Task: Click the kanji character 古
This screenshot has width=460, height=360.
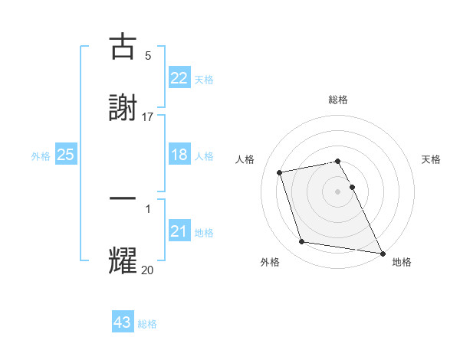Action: [x=123, y=47]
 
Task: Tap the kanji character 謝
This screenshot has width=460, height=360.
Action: [x=123, y=108]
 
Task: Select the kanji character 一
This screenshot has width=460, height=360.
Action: [x=123, y=198]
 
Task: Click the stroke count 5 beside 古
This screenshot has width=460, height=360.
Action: [x=148, y=55]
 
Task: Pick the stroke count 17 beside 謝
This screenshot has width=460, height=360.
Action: [x=148, y=116]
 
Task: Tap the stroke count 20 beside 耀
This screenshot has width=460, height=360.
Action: [x=148, y=269]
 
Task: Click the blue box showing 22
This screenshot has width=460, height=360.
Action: [x=179, y=78]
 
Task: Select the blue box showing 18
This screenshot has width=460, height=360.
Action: [x=179, y=155]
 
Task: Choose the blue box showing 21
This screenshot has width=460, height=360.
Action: [x=179, y=231]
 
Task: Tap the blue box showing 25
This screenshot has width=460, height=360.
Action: [x=66, y=155]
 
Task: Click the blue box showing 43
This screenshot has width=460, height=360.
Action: [x=123, y=322]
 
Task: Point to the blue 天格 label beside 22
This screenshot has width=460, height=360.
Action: [x=204, y=80]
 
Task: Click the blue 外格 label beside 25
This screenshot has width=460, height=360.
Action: [x=41, y=156]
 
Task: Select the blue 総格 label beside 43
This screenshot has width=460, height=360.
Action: [x=147, y=324]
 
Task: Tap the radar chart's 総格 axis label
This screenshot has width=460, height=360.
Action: [x=338, y=100]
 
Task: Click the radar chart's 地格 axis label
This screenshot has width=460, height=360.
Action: [x=402, y=263]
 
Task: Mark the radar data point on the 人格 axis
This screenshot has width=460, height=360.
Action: [x=280, y=172]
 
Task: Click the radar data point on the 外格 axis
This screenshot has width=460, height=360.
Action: [x=302, y=242]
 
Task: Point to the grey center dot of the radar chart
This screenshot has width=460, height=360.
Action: [x=338, y=191]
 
